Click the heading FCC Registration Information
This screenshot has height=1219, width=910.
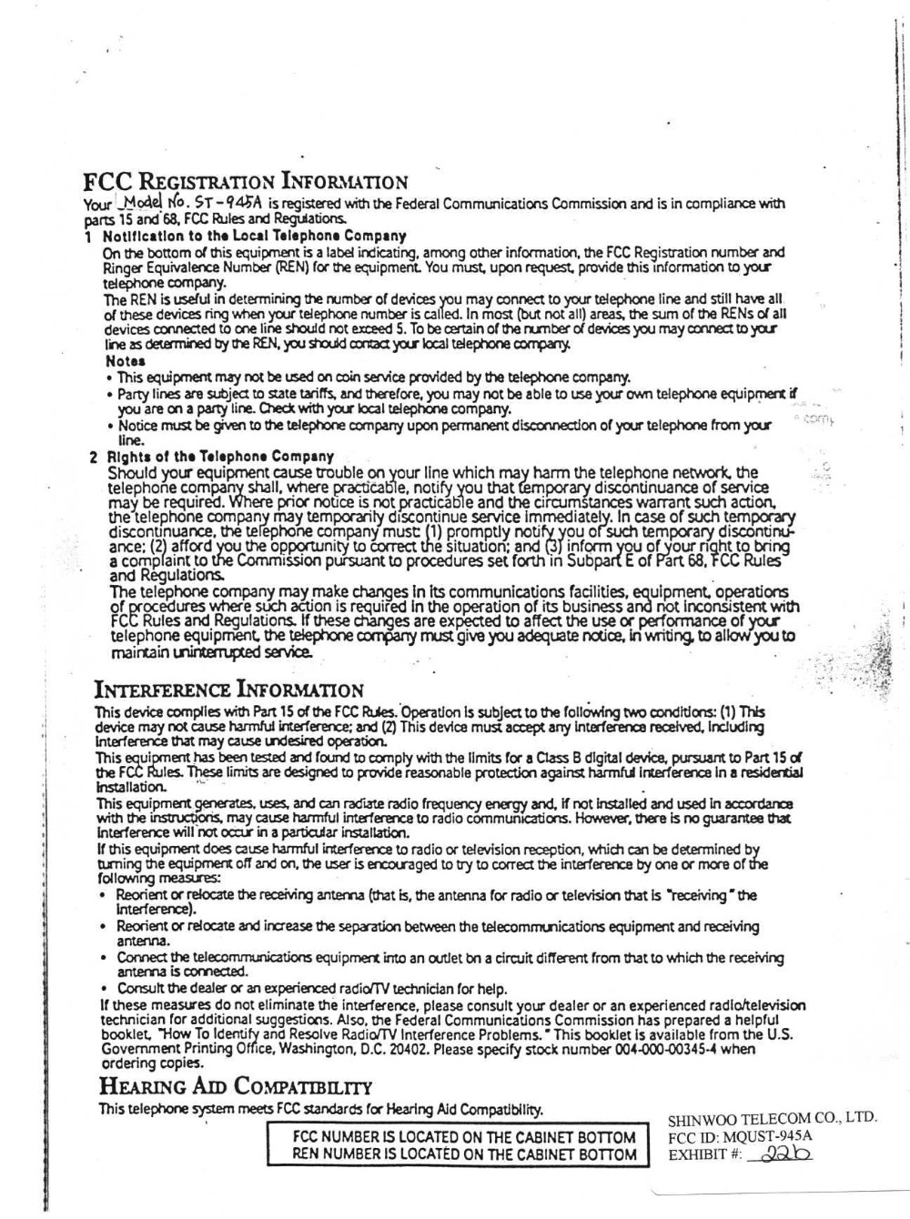(x=245, y=182)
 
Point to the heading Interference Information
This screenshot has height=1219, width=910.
(x=230, y=689)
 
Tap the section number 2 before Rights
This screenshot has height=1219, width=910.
(x=94, y=456)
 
